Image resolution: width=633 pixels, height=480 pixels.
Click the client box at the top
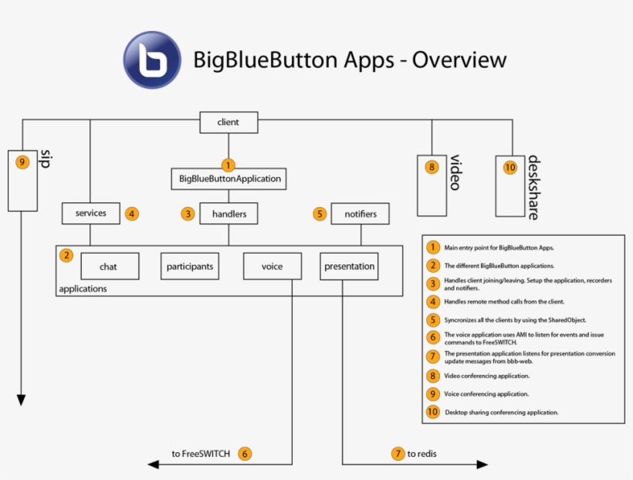[228, 122]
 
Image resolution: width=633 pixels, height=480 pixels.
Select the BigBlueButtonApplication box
[229, 179]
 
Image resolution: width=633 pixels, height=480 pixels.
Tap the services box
[91, 213]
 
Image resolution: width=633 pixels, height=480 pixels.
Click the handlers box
[228, 214]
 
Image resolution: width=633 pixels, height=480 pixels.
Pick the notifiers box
[360, 214]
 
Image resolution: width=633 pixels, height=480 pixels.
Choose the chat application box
[109, 267]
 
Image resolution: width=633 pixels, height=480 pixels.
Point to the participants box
[190, 267]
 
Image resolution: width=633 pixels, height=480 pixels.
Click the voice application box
[272, 267]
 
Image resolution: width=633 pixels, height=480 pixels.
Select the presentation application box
[350, 267]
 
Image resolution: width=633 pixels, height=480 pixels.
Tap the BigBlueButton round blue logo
[152, 60]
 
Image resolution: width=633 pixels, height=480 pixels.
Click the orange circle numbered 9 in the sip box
[22, 162]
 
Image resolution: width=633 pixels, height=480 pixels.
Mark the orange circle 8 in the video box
[432, 166]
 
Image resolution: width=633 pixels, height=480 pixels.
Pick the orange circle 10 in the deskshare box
[509, 166]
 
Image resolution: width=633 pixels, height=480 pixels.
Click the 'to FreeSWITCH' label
[201, 454]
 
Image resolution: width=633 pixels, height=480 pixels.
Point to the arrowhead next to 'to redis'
[482, 464]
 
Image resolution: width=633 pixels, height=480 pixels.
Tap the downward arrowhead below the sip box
[22, 400]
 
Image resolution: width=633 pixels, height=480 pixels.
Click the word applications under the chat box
[83, 288]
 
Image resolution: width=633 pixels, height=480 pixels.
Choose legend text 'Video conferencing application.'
[486, 376]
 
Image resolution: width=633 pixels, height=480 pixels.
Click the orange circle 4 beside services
[132, 213]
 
